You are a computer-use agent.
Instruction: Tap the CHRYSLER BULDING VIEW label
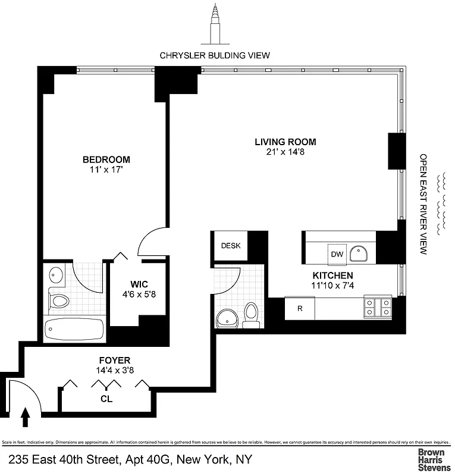(215, 55)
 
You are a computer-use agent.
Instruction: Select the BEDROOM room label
(106, 159)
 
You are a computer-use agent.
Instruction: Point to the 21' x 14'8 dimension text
(285, 152)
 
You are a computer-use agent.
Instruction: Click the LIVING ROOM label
(285, 142)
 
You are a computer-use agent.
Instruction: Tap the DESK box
(230, 246)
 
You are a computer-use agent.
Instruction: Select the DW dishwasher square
(337, 254)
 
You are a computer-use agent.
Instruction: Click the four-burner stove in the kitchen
(378, 307)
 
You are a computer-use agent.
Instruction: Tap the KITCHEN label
(333, 275)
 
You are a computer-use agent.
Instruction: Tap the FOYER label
(114, 360)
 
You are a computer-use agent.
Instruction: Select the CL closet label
(106, 399)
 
